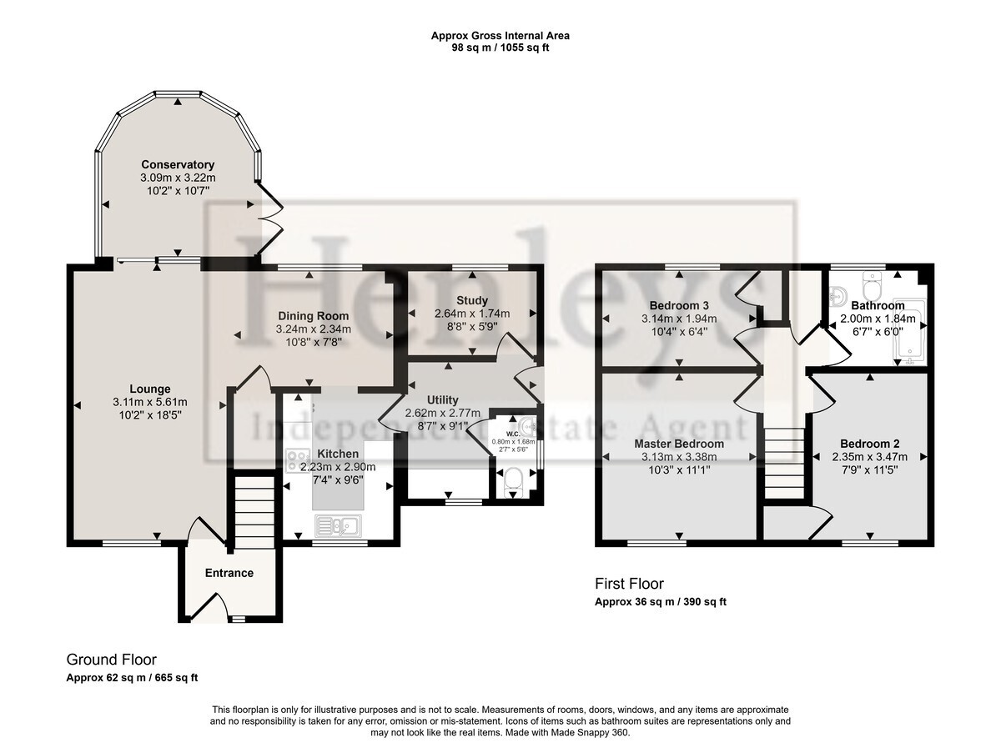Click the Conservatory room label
pos(178,164)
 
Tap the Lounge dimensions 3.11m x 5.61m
pos(150,403)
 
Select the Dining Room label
pos(314,316)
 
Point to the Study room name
pos(472,301)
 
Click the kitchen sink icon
pos(338,526)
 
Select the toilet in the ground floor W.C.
pos(514,482)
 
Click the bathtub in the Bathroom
pos(910,332)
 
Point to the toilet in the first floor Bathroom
pos(873,286)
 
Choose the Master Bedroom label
pos(679,444)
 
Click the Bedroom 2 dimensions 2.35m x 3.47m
pos(870,457)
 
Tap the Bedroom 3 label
pos(679,305)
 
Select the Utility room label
pos(442,399)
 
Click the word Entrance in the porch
pos(229,573)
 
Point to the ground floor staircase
pos(254,512)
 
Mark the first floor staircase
pos(784,463)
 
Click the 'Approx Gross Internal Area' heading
pos(500,36)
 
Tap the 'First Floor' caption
pos(629,584)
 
